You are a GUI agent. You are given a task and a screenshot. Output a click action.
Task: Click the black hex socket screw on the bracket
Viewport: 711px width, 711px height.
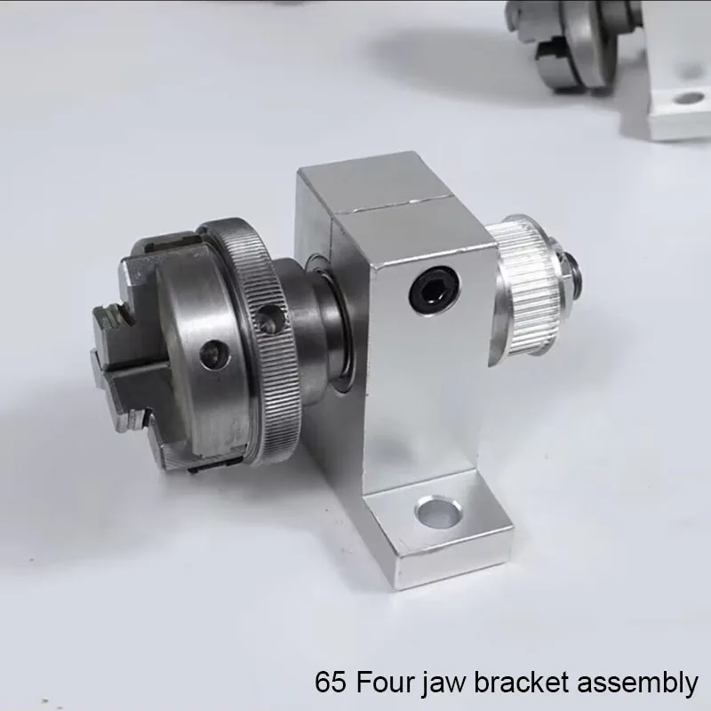click(434, 290)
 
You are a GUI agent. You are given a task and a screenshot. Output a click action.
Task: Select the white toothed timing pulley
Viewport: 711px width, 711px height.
click(528, 290)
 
